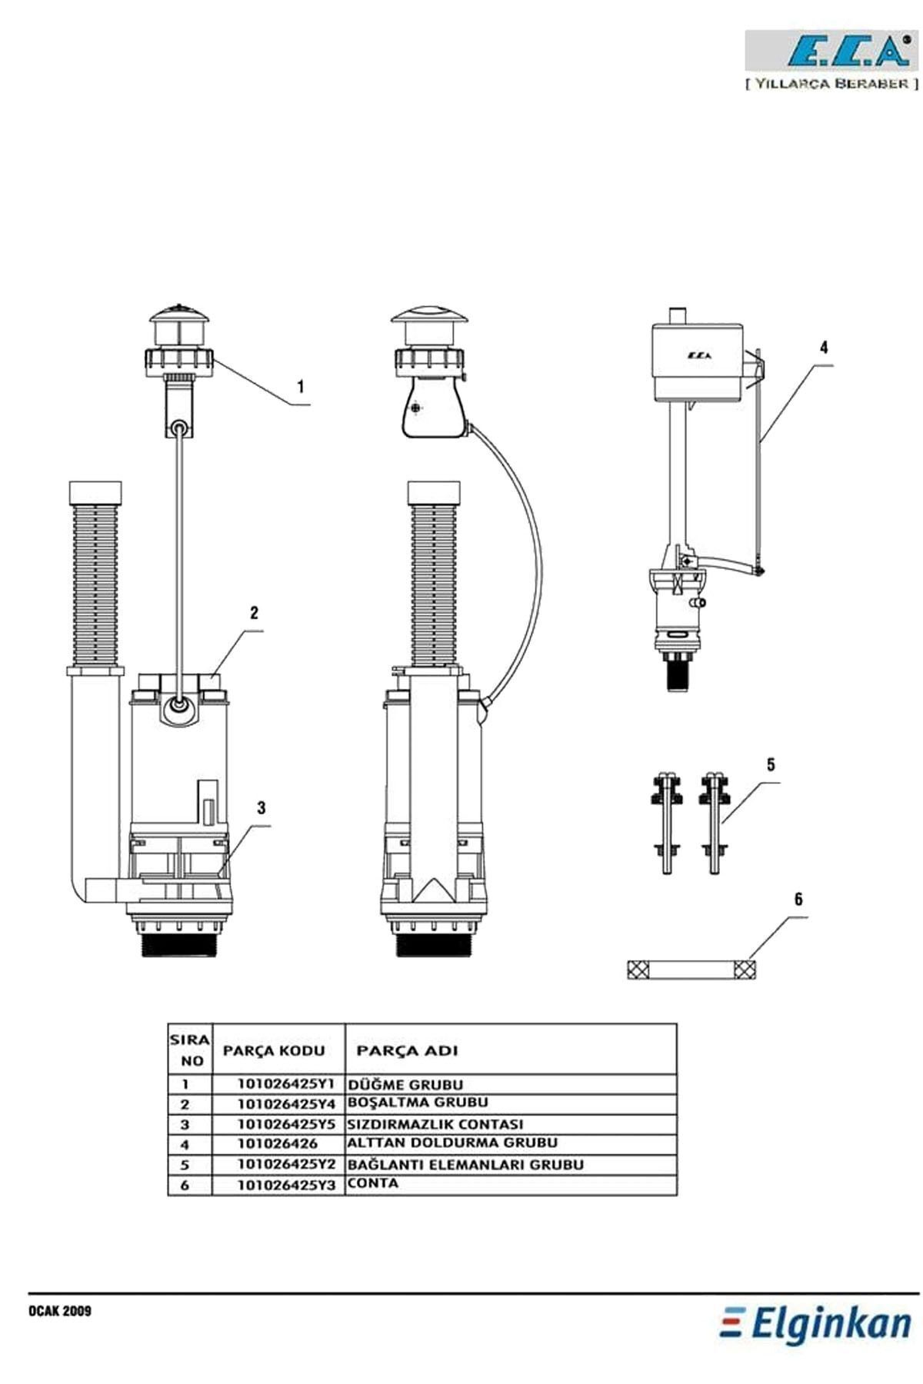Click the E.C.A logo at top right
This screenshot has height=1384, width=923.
coord(831,52)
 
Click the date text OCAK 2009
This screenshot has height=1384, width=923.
coord(60,1311)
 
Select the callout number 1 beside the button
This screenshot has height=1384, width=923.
coord(301,387)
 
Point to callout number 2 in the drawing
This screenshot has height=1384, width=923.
coord(254,613)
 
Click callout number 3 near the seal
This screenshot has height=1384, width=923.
coord(262,807)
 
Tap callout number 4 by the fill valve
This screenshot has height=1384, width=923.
coord(825,348)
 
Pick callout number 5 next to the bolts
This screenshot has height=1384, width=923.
coord(771,764)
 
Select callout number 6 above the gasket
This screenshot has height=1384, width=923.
coord(798,899)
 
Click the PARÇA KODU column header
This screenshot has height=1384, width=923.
coord(274,1050)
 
